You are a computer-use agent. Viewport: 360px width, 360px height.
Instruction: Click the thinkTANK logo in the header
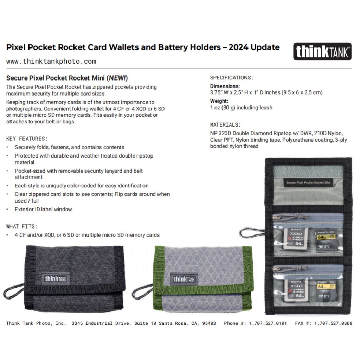pos(322,51)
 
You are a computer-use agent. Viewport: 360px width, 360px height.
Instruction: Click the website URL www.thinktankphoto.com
pos(51,62)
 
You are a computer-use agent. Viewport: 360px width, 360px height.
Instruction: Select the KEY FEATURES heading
pos(27,139)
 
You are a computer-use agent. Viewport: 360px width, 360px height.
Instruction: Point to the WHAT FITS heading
pos(21,226)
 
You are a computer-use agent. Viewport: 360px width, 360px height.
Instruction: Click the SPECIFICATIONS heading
pos(231,78)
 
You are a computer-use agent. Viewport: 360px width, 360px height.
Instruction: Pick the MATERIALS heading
pos(225,124)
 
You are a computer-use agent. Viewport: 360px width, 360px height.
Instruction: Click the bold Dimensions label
pos(225,86)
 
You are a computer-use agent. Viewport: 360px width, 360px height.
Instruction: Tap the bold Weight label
pos(219,101)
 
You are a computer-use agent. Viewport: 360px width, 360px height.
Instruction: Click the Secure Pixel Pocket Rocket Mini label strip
pos(308,183)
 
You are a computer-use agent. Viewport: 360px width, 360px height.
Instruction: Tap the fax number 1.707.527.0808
pos(333,323)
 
